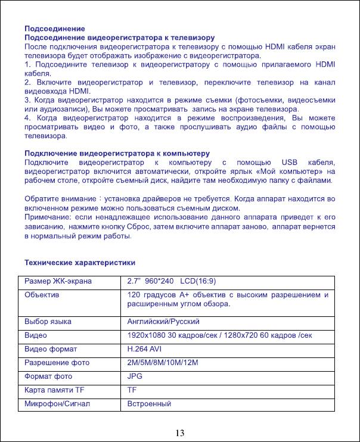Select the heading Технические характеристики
click(79, 262)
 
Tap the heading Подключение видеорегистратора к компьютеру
click(117, 153)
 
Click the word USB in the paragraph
click(288, 162)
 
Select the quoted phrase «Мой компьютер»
click(288, 171)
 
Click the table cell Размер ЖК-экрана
click(58, 281)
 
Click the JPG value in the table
click(135, 376)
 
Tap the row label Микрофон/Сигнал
click(57, 404)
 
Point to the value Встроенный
click(150, 404)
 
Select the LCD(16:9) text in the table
click(200, 281)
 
